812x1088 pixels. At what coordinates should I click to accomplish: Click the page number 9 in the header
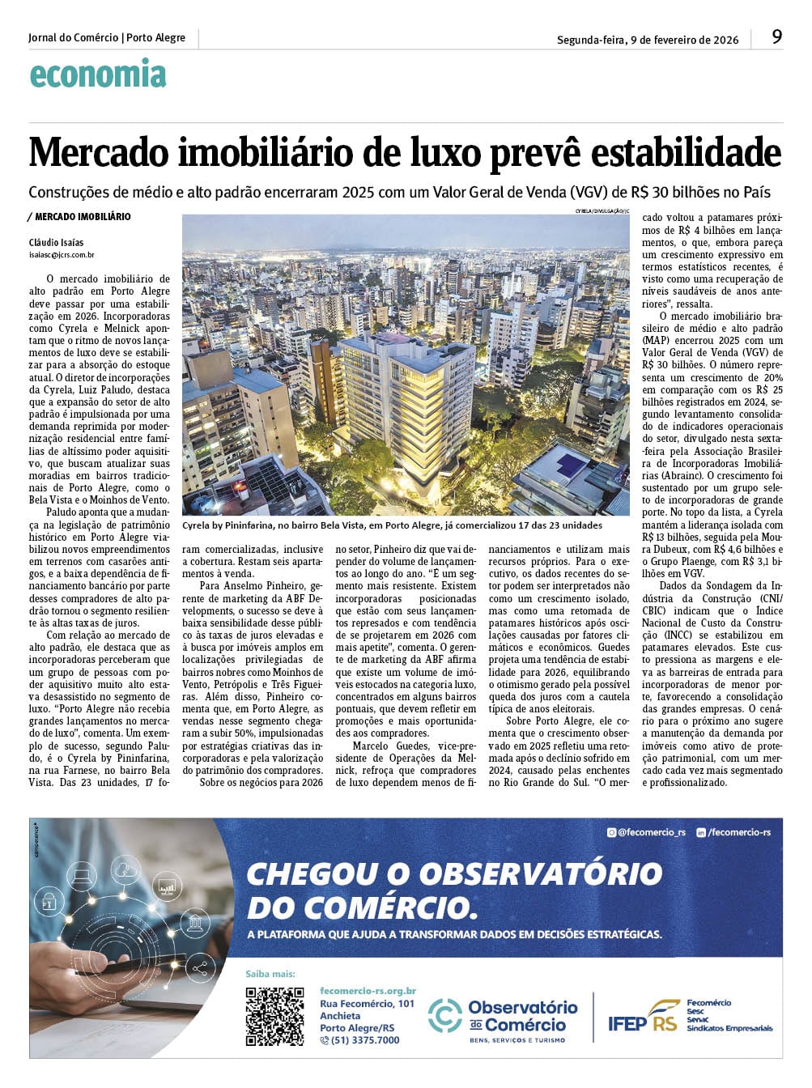click(x=776, y=37)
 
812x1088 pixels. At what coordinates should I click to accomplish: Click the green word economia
click(x=98, y=74)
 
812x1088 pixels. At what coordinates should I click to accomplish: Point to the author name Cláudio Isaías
click(x=56, y=243)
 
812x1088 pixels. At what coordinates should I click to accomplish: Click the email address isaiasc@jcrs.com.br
click(x=62, y=255)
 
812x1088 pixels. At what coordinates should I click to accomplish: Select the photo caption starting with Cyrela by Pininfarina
click(x=392, y=525)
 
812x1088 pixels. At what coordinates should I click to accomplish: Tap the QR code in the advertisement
click(x=275, y=1016)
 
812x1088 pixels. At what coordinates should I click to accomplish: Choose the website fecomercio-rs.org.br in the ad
click(x=368, y=991)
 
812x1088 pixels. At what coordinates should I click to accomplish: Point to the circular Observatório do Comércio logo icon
click(x=444, y=1016)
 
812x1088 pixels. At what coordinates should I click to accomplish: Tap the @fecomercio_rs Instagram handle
click(x=647, y=832)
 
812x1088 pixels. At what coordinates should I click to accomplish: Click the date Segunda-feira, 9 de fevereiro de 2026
click(x=648, y=39)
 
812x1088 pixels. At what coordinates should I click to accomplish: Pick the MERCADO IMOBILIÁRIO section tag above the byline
click(x=82, y=217)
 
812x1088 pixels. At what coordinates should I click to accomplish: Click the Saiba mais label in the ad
click(x=270, y=974)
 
